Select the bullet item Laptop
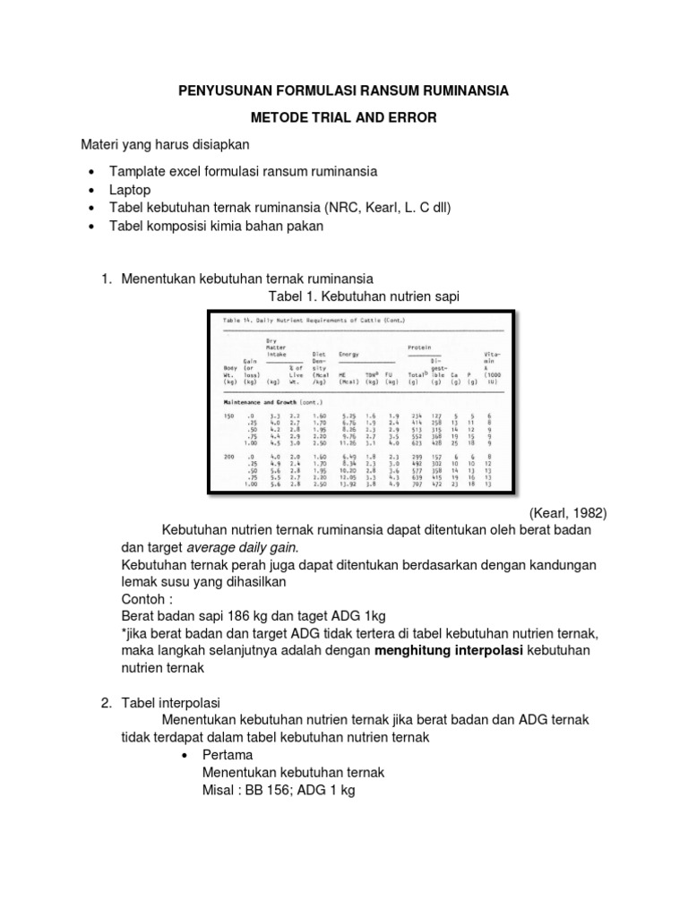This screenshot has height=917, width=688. [x=130, y=190]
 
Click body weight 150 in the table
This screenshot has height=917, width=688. [x=231, y=416]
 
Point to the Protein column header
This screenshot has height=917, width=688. [x=419, y=347]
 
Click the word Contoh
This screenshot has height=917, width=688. [x=144, y=599]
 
